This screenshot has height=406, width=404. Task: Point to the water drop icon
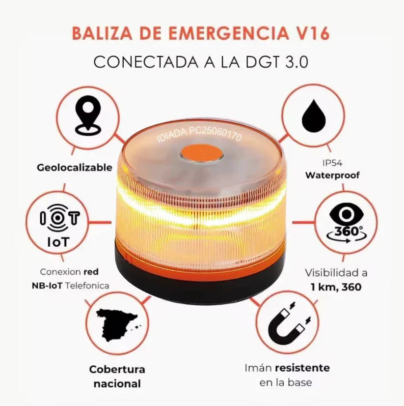coord(313,117)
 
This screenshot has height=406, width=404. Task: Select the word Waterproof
coord(332,175)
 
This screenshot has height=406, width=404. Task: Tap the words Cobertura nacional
coord(117,377)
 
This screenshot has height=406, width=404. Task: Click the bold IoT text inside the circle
coord(58,242)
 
